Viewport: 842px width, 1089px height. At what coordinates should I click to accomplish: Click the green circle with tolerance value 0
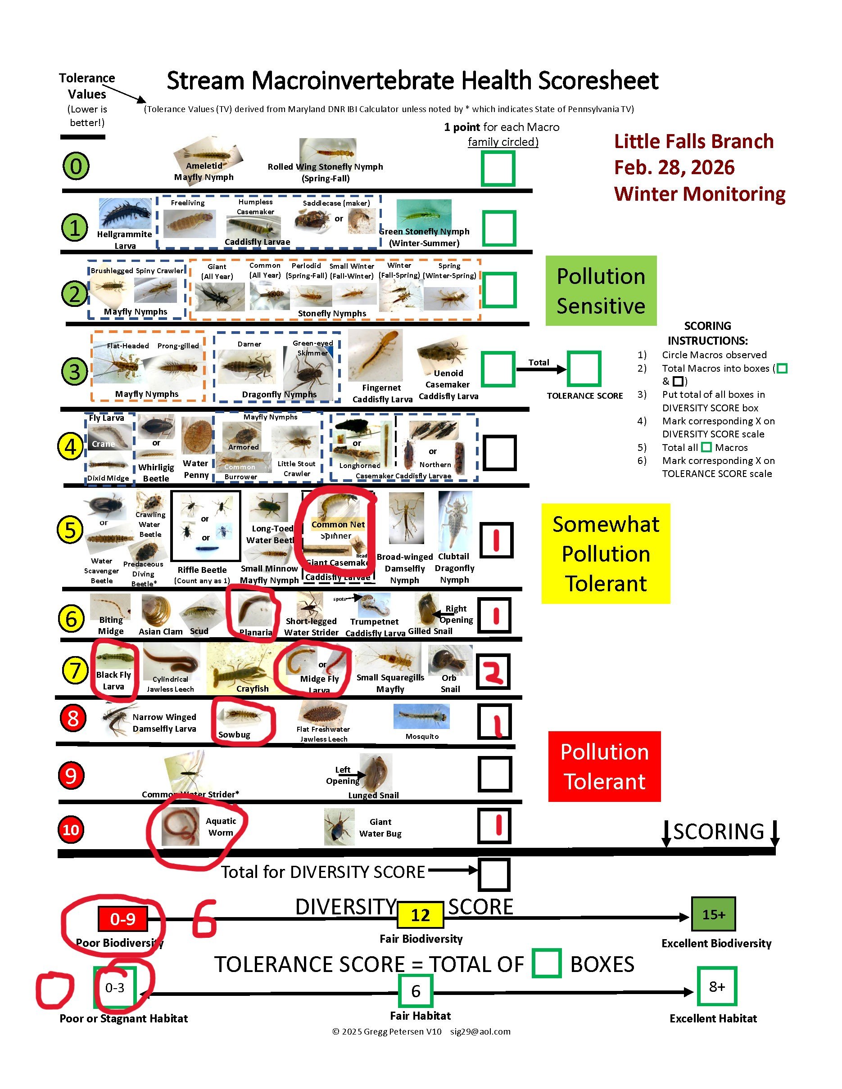pos(76,166)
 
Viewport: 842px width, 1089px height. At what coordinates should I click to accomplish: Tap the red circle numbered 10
pos(71,829)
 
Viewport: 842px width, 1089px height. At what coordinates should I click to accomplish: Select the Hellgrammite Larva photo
pos(125,213)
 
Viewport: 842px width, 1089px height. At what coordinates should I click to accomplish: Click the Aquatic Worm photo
pos(181,826)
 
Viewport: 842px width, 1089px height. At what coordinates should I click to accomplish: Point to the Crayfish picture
pos(240,668)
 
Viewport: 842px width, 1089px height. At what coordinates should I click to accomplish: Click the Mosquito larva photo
pos(421,716)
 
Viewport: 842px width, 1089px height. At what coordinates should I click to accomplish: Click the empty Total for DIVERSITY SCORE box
pos(494,874)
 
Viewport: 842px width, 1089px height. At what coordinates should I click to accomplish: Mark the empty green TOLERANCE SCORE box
pos(583,369)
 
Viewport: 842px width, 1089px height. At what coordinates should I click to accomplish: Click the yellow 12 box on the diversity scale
pos(420,915)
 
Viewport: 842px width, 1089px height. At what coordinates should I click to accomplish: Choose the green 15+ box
pos(713,914)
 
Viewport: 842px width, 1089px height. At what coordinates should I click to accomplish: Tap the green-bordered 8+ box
pos(716,986)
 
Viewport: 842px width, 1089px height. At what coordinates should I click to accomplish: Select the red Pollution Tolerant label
pos(604,766)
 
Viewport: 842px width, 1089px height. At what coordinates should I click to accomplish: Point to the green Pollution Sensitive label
pos(601,291)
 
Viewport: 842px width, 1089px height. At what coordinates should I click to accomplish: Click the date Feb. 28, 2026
pos(674,167)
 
